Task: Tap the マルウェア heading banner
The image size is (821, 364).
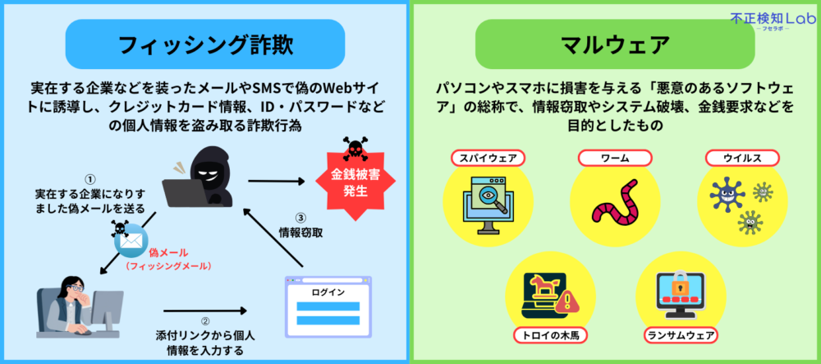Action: (615, 44)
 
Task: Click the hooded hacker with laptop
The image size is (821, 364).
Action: (201, 176)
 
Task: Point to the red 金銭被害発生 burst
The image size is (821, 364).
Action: (355, 182)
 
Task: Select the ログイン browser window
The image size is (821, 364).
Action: (328, 309)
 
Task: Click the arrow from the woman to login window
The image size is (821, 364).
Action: (204, 311)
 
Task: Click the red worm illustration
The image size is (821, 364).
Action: (615, 205)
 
